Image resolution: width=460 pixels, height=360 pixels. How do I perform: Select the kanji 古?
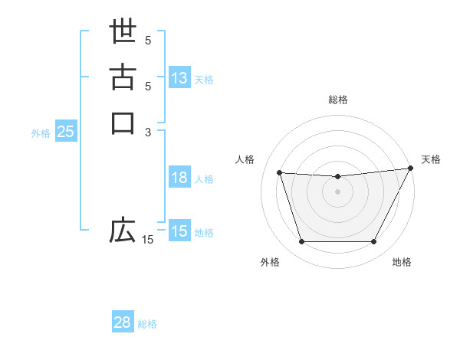(x=123, y=77)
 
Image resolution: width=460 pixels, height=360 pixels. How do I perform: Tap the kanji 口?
(x=123, y=123)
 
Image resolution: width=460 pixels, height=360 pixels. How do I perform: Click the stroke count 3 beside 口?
(x=149, y=133)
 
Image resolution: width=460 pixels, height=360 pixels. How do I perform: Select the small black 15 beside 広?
(x=147, y=241)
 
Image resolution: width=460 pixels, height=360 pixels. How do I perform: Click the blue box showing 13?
(x=179, y=78)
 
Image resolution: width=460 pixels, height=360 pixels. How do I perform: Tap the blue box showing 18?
(x=179, y=178)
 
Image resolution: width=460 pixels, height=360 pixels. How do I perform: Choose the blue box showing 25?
(x=65, y=132)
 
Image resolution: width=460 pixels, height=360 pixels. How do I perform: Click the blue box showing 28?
(x=123, y=322)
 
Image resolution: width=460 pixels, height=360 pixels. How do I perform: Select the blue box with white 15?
(x=179, y=231)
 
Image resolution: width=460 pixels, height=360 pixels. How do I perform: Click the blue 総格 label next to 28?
(x=147, y=324)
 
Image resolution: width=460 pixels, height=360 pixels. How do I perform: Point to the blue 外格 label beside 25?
(x=41, y=133)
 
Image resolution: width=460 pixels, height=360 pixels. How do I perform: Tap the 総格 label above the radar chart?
(x=338, y=100)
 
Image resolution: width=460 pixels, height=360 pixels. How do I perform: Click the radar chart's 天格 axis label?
(x=431, y=159)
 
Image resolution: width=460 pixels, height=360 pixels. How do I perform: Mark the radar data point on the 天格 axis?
(x=411, y=169)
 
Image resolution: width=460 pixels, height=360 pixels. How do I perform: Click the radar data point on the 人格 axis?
(x=279, y=173)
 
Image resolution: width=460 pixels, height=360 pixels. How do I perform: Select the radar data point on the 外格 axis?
(x=301, y=242)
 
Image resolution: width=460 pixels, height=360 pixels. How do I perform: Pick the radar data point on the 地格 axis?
(x=374, y=242)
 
